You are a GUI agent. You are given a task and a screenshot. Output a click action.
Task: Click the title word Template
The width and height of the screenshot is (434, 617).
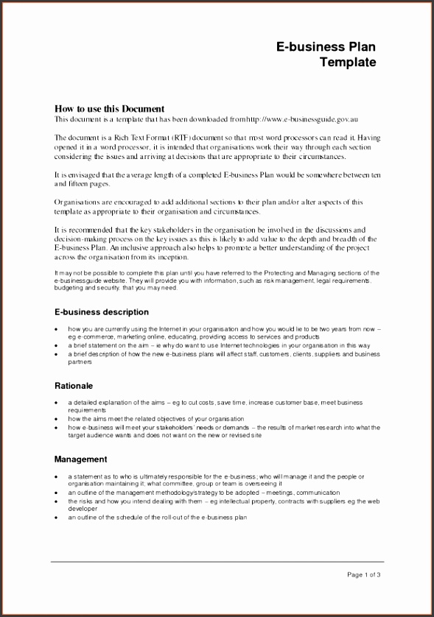348,63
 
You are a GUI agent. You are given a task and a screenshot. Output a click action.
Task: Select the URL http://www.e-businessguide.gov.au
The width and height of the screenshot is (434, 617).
303,119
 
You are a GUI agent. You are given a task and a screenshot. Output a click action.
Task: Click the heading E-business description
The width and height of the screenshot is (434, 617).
102,312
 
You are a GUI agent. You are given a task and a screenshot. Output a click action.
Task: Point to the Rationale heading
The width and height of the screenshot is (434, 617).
74,385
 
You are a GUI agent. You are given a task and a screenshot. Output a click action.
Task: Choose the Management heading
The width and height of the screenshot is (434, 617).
81,459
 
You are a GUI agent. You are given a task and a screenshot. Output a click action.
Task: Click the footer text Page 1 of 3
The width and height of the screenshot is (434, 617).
363,574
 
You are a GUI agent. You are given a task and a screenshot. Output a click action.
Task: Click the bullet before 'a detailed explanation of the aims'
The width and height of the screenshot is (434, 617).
57,403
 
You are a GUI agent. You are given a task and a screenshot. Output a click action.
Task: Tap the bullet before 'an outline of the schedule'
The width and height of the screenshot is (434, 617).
57,518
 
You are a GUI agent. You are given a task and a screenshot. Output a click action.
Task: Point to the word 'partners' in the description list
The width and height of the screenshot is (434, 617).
80,362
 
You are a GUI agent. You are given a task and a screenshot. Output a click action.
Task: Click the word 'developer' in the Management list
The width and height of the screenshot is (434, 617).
83,508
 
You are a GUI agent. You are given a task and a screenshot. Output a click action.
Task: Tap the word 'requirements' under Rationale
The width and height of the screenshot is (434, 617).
88,410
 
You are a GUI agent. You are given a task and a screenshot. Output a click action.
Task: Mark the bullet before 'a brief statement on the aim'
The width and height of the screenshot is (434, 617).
57,345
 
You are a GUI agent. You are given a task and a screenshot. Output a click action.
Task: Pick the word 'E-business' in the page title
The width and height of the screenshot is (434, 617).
304,47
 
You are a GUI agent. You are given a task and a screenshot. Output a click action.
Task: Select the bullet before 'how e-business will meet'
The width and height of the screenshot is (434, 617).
57,427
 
